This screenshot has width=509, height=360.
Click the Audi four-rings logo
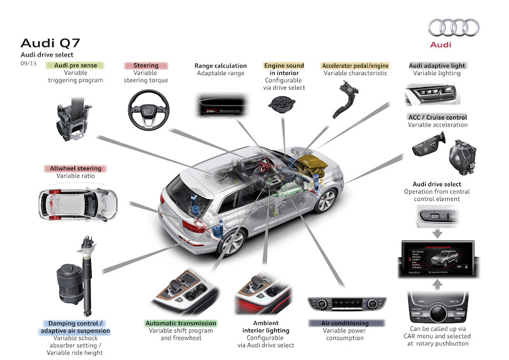tap(454, 27)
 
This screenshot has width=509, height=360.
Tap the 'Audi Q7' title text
tap(50, 43)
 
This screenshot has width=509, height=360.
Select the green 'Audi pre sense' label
tap(79, 66)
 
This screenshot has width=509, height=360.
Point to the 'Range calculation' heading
tap(220, 66)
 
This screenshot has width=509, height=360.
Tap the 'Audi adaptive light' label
tap(436, 66)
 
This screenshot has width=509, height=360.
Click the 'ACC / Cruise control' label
tap(437, 118)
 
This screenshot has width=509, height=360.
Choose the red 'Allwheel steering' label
tap(76, 169)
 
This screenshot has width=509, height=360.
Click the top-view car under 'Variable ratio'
tap(76, 203)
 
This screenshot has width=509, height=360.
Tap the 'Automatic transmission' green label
tap(181, 324)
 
